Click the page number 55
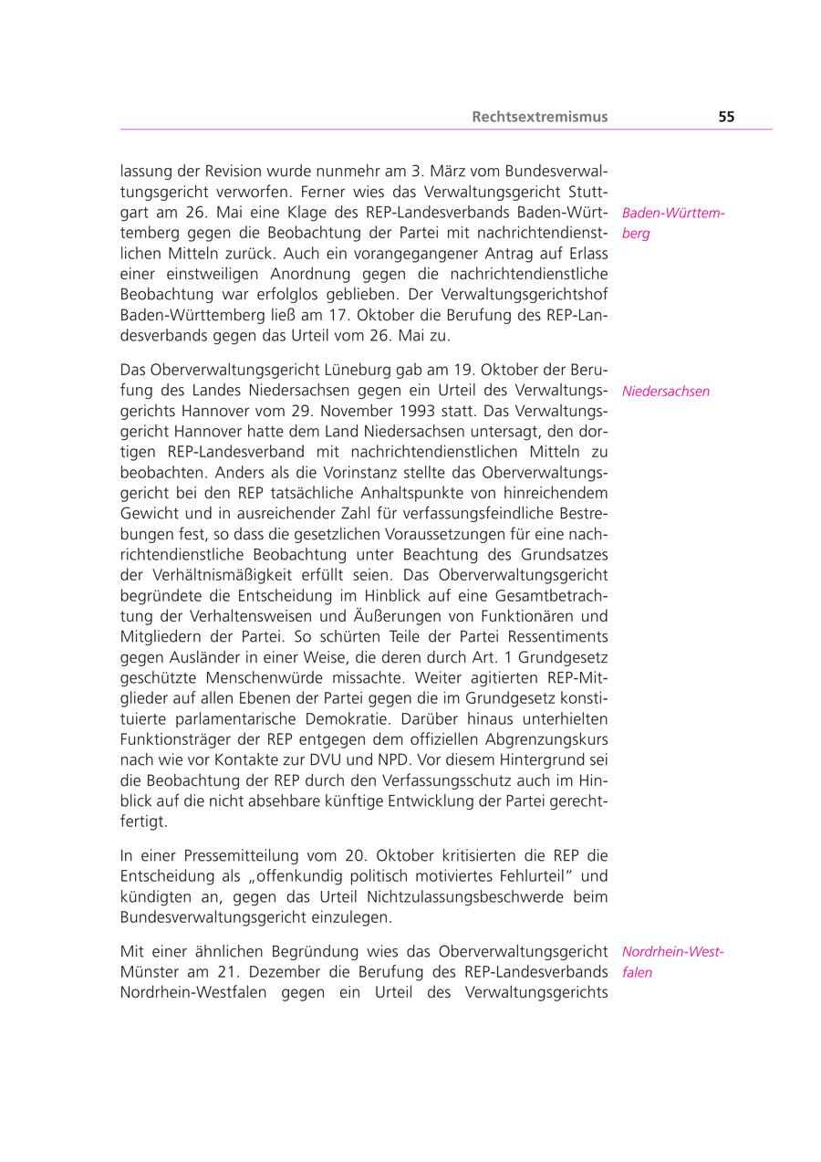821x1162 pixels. click(726, 117)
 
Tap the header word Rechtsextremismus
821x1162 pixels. click(539, 117)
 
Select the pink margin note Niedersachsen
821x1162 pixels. click(666, 392)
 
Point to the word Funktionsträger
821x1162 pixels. click(174, 739)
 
